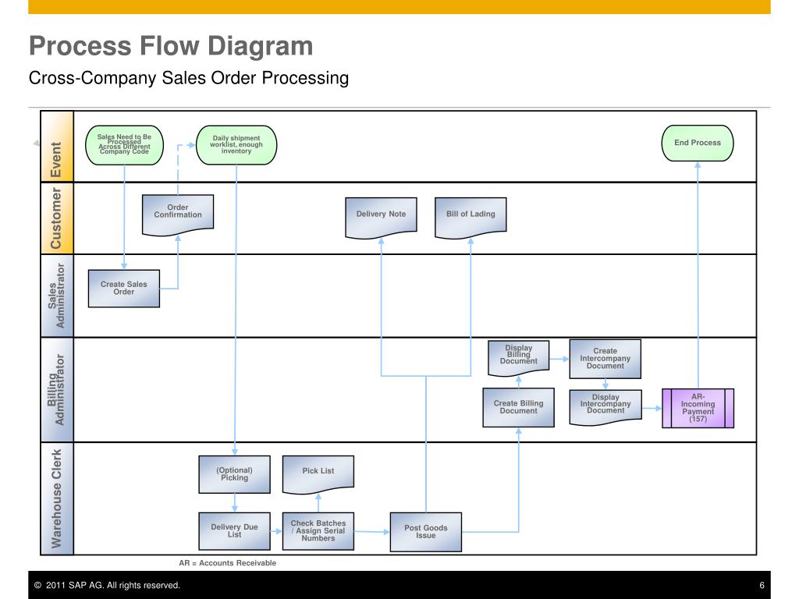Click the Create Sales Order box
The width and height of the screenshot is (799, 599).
(123, 289)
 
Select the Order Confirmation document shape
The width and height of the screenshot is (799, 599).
(177, 213)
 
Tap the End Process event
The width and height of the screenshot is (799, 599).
(698, 144)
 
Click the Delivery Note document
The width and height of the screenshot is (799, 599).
(381, 216)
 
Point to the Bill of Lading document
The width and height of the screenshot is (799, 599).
(471, 216)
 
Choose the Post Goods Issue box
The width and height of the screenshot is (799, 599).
(425, 532)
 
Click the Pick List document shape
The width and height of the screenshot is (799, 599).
(318, 473)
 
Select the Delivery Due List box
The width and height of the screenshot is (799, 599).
(234, 531)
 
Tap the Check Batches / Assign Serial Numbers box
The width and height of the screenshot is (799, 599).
(318, 531)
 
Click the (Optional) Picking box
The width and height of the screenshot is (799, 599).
(234, 474)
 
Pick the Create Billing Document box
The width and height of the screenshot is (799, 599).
(518, 407)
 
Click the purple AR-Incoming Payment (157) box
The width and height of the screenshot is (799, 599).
(698, 408)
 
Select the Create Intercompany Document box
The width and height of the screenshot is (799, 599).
(605, 359)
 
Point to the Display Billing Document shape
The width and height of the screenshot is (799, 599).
(518, 356)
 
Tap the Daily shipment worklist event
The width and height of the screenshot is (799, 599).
(236, 145)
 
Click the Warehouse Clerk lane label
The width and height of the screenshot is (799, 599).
(57, 498)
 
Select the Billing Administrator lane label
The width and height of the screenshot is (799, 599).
(57, 389)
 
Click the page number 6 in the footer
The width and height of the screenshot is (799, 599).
(761, 585)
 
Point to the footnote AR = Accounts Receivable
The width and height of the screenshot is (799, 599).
(228, 562)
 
